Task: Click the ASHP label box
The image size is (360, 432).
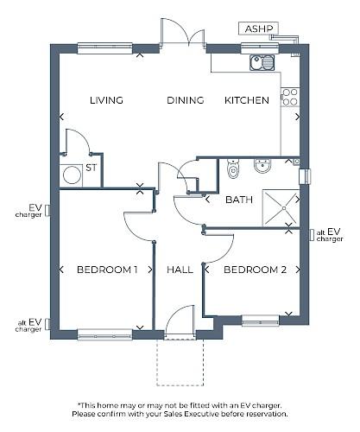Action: tap(258, 29)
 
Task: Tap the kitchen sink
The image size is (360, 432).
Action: tap(262, 62)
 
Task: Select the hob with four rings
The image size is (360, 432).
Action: tap(290, 97)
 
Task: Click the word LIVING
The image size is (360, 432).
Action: tap(106, 100)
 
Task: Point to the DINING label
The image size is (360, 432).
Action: tap(186, 100)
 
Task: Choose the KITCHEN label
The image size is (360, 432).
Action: tap(247, 100)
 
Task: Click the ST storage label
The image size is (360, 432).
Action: tap(92, 168)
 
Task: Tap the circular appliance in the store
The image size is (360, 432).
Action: tap(72, 175)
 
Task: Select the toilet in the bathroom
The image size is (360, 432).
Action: tap(233, 168)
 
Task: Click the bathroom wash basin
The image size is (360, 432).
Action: tap(262, 165)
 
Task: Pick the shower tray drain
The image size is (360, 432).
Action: tap(284, 208)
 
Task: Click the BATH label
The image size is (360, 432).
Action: tap(239, 200)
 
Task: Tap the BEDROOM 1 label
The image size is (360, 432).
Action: tap(107, 270)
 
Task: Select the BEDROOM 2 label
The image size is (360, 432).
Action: tap(255, 270)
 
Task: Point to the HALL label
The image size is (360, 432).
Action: tap(180, 270)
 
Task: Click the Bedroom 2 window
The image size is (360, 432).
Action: tap(261, 321)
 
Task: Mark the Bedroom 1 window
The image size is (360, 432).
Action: tap(105, 334)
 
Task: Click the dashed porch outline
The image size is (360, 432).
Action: tap(180, 385)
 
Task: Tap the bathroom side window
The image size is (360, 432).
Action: tap(305, 176)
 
